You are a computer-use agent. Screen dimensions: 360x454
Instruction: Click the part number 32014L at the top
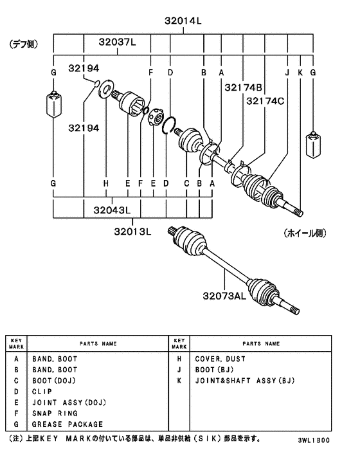pos(183,21)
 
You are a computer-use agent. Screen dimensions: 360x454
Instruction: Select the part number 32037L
pos(117,42)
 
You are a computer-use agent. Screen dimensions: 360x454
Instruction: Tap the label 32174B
pos(243,87)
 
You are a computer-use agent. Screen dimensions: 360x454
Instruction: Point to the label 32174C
pos(265,101)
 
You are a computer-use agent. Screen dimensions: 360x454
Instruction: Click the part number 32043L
pos(112,210)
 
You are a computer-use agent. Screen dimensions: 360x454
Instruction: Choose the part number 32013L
pos(132,232)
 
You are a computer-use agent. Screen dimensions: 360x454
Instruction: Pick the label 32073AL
pos(224,296)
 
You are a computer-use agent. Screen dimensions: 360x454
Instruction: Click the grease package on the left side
pos(53,104)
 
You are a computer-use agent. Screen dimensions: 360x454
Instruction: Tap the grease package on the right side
pos(313,145)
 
